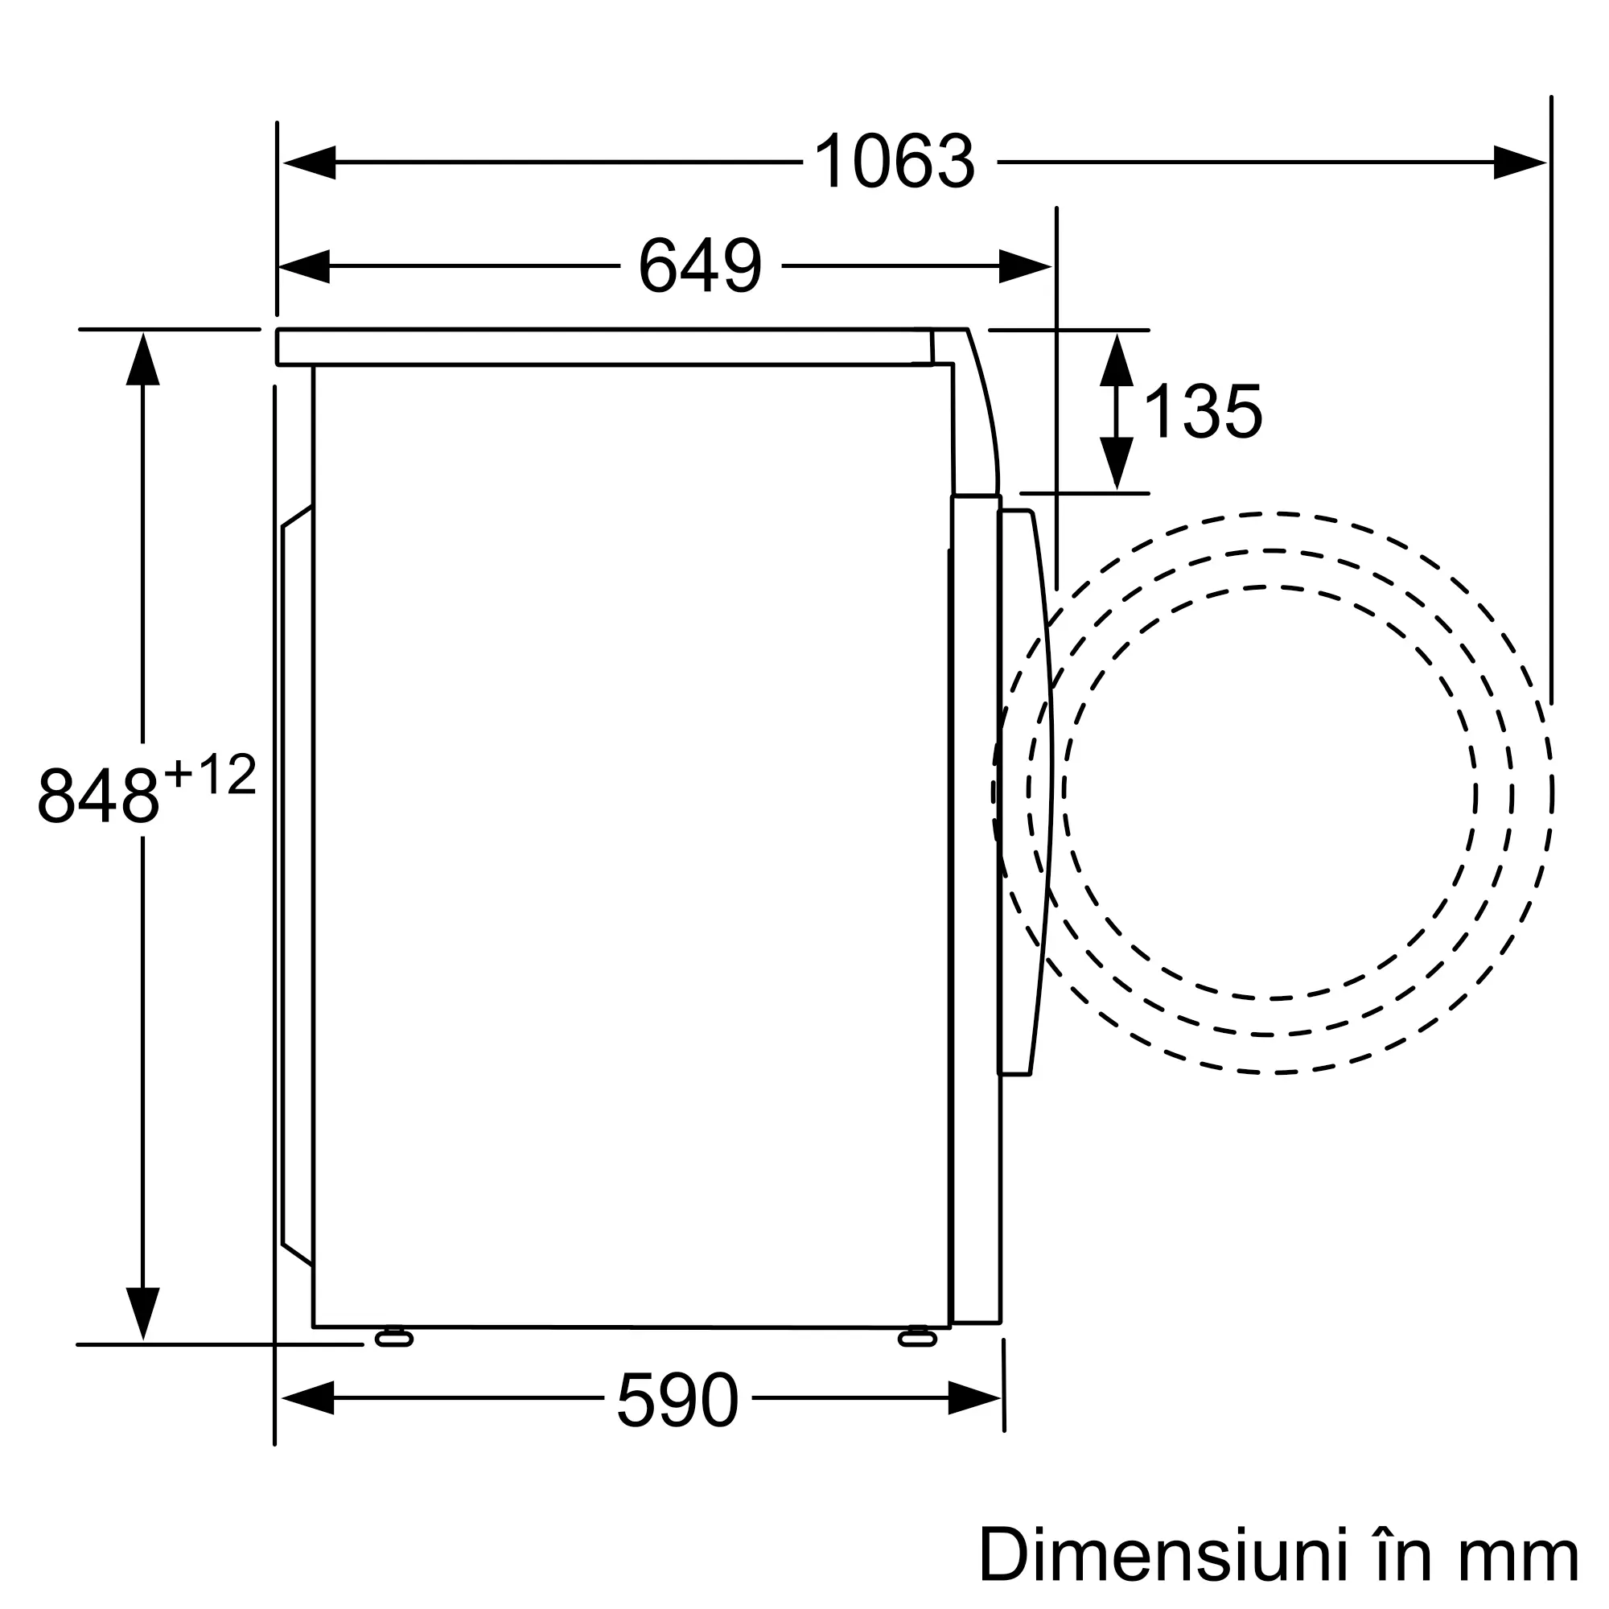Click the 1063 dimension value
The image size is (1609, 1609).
point(894,162)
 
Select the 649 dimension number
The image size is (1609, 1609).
point(701,265)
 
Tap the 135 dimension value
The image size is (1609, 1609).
point(1204,411)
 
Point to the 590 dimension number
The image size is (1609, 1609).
point(677,1400)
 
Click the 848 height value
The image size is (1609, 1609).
point(98,796)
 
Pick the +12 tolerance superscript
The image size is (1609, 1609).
point(210,775)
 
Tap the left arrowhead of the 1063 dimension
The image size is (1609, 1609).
point(309,163)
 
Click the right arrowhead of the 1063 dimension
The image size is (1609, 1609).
point(1520,163)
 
